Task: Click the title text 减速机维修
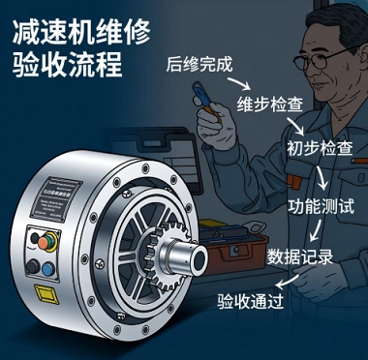pos(80,31)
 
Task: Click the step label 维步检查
pos(267,105)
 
